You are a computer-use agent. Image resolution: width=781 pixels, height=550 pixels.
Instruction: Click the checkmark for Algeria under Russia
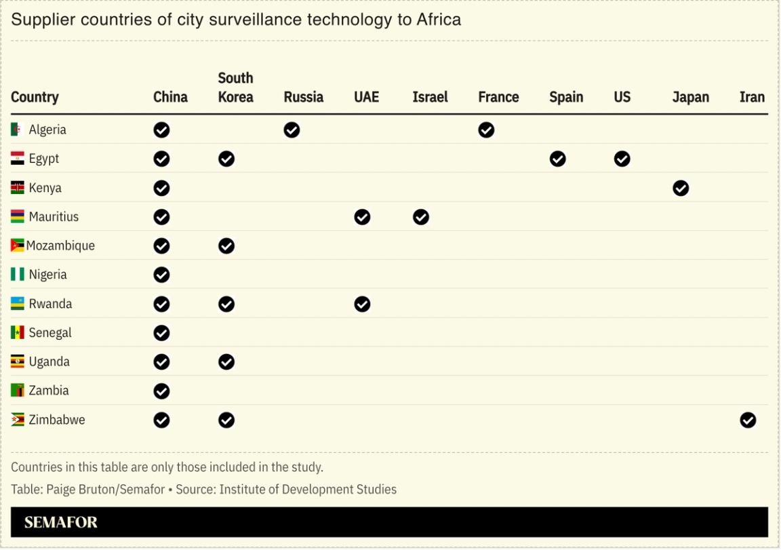click(x=292, y=130)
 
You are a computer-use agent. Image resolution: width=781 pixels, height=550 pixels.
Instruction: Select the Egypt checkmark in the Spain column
click(x=557, y=159)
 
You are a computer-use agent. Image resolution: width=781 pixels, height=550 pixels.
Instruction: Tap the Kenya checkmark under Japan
click(x=681, y=189)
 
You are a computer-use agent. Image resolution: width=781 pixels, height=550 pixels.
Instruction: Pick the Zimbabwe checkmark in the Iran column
click(x=748, y=420)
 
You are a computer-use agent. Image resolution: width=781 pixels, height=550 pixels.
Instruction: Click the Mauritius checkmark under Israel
click(x=420, y=217)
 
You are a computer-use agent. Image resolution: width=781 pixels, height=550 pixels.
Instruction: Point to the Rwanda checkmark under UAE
click(x=362, y=305)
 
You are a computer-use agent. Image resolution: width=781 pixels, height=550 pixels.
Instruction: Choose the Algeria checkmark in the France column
click(x=486, y=130)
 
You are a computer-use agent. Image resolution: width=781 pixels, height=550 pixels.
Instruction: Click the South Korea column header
click(x=235, y=87)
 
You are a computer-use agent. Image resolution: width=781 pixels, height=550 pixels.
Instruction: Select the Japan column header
click(x=690, y=97)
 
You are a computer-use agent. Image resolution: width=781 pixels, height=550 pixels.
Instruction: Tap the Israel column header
click(x=430, y=97)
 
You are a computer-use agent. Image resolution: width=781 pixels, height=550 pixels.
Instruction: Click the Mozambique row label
click(x=60, y=245)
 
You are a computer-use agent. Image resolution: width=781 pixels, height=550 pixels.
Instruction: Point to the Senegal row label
click(x=49, y=333)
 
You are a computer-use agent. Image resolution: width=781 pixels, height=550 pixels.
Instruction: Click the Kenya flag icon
click(x=18, y=188)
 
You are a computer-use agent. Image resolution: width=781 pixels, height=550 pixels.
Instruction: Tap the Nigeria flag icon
click(x=18, y=275)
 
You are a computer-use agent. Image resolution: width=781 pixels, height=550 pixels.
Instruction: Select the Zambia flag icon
click(x=18, y=391)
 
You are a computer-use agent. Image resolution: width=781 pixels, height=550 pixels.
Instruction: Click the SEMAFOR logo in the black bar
click(x=61, y=522)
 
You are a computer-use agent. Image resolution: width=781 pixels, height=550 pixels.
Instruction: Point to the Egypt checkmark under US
click(x=622, y=159)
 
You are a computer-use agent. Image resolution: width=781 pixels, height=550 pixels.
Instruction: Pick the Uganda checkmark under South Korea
click(x=226, y=362)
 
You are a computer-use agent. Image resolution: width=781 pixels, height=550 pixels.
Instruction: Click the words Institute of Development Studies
click(x=308, y=489)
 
